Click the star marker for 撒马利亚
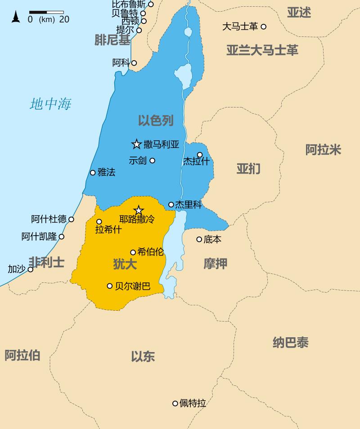click(136, 144)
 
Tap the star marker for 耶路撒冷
click(139, 210)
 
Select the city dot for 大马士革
click(264, 27)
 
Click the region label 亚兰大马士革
click(262, 50)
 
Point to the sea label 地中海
click(50, 104)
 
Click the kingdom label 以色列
click(156, 120)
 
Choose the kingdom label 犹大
click(125, 264)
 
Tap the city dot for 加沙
click(31, 269)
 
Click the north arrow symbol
click(16, 17)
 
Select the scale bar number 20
click(64, 19)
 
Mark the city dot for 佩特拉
click(175, 403)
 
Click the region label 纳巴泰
click(290, 343)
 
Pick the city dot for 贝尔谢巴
click(109, 286)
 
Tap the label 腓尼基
click(112, 40)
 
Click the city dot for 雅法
click(93, 172)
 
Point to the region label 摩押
click(215, 264)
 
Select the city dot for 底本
click(199, 239)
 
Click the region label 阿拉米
click(323, 150)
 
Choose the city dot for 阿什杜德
click(71, 219)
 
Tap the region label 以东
click(143, 357)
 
